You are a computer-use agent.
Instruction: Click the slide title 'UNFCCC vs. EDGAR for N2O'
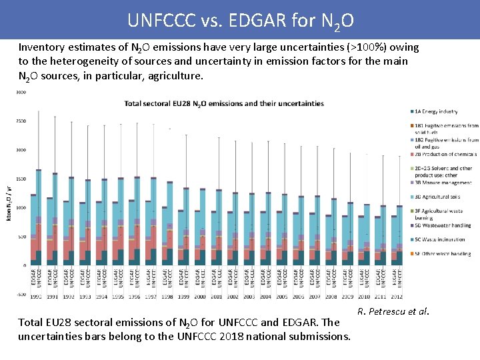240,20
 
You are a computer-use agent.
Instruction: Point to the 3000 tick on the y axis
21,93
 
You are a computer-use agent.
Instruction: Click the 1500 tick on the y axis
21,179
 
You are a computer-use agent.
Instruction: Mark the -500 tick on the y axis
21,294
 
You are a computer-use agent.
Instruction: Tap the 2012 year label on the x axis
397,296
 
